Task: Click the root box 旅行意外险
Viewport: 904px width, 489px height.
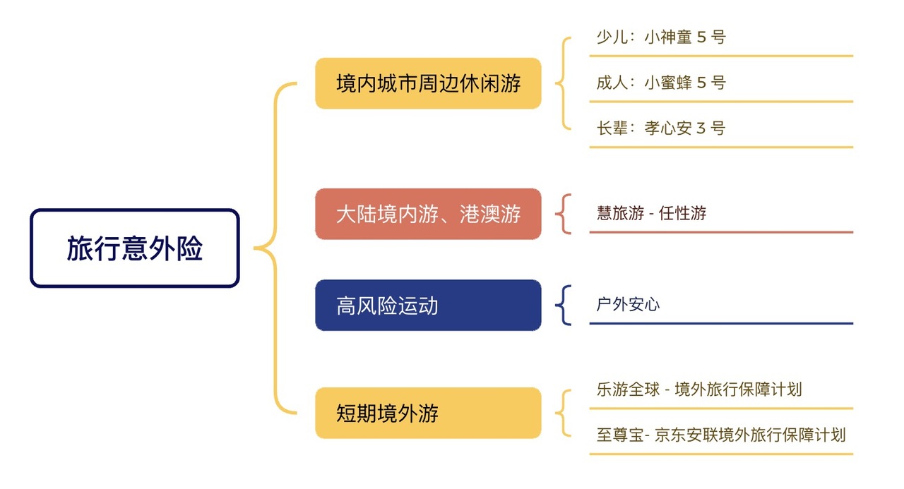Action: pyautogui.click(x=135, y=248)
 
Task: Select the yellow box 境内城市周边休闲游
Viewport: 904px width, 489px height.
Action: pyautogui.click(x=428, y=83)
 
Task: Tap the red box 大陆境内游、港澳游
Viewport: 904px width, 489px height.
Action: pyautogui.click(x=428, y=214)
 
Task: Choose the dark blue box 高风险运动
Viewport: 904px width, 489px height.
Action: pyautogui.click(x=428, y=306)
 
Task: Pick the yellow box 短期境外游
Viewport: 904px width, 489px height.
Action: pyautogui.click(x=428, y=413)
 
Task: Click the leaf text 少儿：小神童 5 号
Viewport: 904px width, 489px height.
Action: pyautogui.click(x=660, y=37)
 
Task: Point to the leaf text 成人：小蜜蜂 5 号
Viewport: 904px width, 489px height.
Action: pyautogui.click(x=660, y=83)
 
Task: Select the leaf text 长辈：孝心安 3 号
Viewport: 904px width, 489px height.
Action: pyautogui.click(x=660, y=128)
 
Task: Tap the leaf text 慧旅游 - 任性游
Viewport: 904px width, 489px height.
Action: pyautogui.click(x=651, y=213)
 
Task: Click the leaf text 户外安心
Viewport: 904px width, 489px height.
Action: pyautogui.click(x=628, y=305)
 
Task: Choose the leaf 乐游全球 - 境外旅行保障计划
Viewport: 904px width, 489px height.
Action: pyautogui.click(x=698, y=390)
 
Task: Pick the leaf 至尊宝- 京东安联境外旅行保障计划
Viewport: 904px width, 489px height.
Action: pyautogui.click(x=720, y=435)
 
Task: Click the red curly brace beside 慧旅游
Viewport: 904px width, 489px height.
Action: pyautogui.click(x=564, y=214)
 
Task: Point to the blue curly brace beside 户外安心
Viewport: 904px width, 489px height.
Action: pyautogui.click(x=564, y=306)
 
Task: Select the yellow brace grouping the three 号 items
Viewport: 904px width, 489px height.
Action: pyautogui.click(x=564, y=83)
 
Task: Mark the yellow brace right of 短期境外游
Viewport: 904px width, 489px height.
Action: pyautogui.click(x=564, y=413)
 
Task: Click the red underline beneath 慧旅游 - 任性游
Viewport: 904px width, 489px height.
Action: pyautogui.click(x=721, y=231)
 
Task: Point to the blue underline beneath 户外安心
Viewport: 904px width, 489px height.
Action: pyautogui.click(x=721, y=323)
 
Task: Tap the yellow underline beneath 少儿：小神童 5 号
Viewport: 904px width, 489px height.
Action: pyautogui.click(x=721, y=56)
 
